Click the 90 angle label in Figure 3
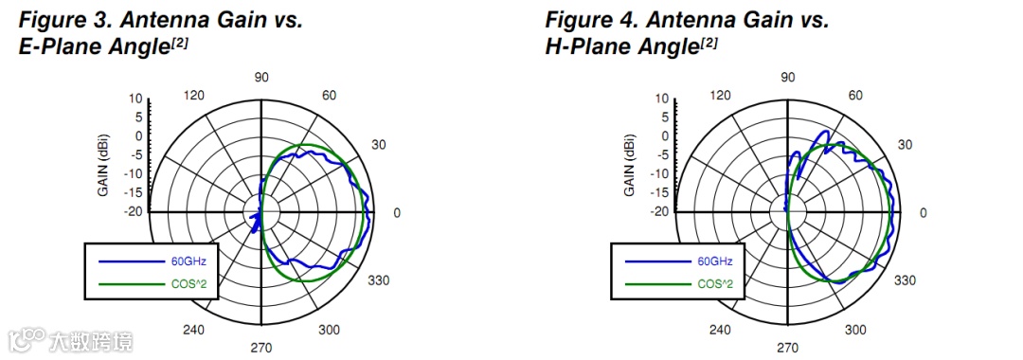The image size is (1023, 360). [261, 77]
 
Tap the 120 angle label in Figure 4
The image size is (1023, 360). [720, 96]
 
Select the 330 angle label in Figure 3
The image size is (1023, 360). [379, 280]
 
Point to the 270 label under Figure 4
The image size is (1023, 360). [788, 348]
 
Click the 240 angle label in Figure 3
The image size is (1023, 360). [194, 330]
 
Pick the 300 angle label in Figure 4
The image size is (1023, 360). [855, 330]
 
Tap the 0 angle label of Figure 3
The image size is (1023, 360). [396, 212]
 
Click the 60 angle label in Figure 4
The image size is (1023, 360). [855, 96]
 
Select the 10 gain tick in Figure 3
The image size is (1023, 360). [135, 99]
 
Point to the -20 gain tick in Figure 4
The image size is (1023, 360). [659, 211]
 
